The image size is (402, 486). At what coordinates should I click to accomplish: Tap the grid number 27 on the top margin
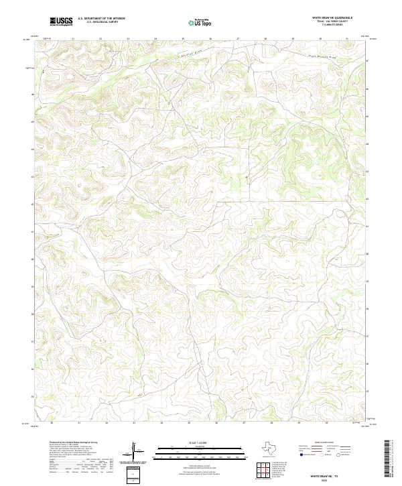[x=238, y=39]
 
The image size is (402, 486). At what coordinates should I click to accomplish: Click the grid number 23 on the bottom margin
[x=134, y=424]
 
